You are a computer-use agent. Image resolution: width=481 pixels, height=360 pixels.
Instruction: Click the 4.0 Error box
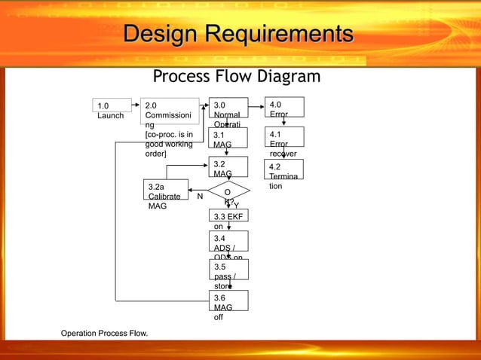coord(283,107)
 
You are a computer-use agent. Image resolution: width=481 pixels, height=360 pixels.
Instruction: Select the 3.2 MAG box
coord(228,167)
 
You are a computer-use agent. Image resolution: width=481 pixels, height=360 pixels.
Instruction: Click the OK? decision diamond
coord(228,194)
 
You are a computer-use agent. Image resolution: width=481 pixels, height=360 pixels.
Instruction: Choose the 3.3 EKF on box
coord(228,219)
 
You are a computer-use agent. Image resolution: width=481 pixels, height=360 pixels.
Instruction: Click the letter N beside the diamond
coord(200,197)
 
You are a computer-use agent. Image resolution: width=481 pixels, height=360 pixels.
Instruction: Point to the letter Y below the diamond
coord(236,205)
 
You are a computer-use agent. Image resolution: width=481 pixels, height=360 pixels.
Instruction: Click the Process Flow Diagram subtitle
coord(237,78)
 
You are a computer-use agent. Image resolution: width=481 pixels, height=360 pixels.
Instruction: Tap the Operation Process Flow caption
coord(105,332)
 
